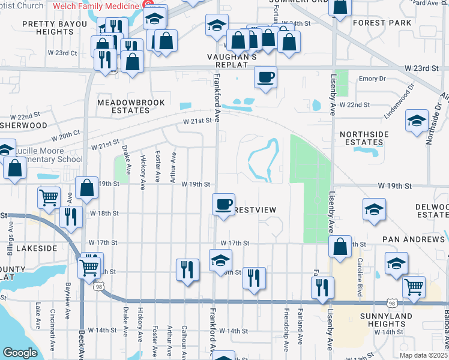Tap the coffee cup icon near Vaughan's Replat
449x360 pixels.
point(265,77)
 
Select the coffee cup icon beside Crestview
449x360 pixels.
point(223,204)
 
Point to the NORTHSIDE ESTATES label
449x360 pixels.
point(361,138)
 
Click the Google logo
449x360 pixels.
point(20,353)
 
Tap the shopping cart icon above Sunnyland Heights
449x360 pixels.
point(414,287)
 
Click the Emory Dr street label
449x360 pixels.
point(372,79)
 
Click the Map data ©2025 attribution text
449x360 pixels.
point(424,355)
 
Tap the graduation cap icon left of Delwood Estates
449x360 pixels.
point(373,210)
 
